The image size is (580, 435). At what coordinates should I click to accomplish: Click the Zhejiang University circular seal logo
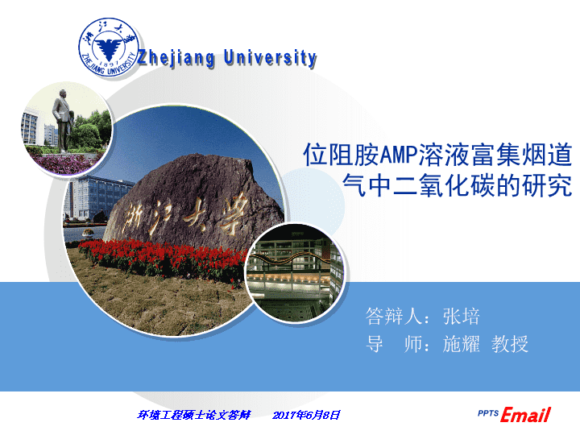click(x=108, y=47)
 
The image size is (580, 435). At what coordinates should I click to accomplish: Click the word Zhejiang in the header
click(x=176, y=59)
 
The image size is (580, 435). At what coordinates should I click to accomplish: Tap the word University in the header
click(x=270, y=58)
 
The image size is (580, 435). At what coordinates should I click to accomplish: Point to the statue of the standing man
click(x=62, y=121)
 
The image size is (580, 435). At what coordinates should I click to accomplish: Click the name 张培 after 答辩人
click(x=461, y=317)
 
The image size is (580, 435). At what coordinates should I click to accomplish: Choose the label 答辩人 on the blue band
click(x=393, y=317)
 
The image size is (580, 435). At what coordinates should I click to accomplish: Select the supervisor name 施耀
click(x=461, y=344)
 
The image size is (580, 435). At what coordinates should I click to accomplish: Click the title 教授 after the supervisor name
click(x=510, y=344)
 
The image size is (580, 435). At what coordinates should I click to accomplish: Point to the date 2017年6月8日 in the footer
click(x=306, y=415)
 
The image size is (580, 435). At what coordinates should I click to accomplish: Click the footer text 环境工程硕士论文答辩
click(x=193, y=415)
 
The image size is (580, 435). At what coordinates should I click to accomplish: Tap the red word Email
click(x=525, y=415)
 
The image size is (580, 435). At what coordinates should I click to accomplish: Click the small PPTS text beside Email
click(x=488, y=413)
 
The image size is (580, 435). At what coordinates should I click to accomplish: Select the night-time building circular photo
click(x=295, y=273)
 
